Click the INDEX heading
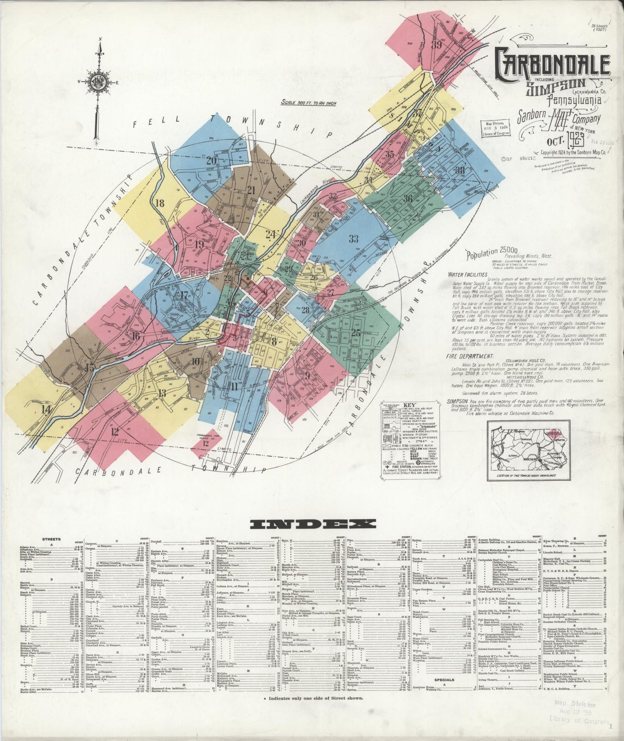pyautogui.click(x=312, y=524)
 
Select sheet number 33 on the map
pyautogui.click(x=354, y=238)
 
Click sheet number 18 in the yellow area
pyautogui.click(x=160, y=203)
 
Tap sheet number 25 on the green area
pyautogui.click(x=356, y=332)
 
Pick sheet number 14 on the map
pyautogui.click(x=46, y=409)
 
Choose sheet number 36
pyautogui.click(x=408, y=199)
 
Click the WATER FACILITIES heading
pyautogui.click(x=467, y=274)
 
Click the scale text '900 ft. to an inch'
pyautogui.click(x=308, y=103)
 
